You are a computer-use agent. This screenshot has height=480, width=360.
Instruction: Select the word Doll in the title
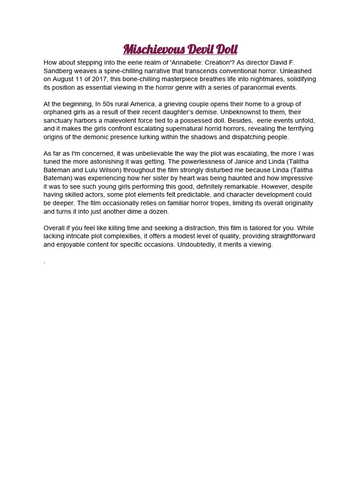point(227,49)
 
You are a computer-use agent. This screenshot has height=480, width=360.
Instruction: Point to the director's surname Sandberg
point(59,70)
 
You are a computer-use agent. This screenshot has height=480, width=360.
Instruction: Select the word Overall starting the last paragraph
point(54,228)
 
